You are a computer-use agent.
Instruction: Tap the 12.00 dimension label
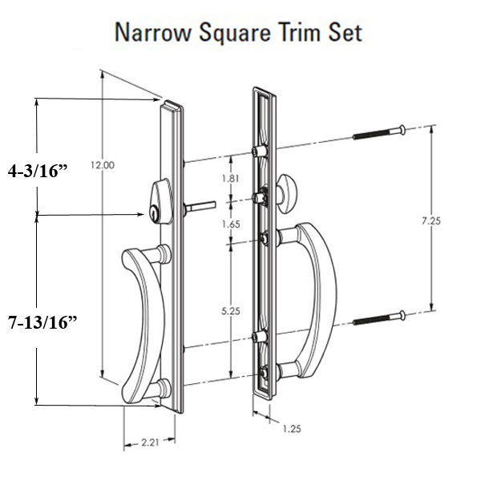click(x=102, y=166)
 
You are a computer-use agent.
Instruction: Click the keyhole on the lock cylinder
click(x=152, y=214)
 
